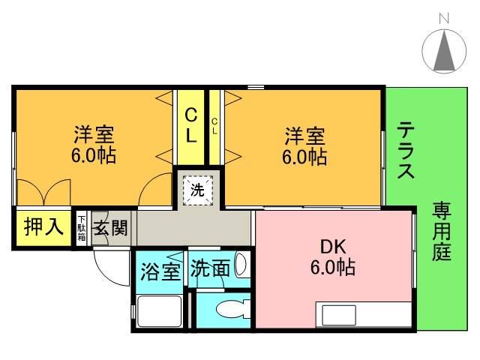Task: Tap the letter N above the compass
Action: pyautogui.click(x=444, y=16)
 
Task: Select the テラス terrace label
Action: pyautogui.click(x=406, y=150)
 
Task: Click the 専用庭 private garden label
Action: pyautogui.click(x=441, y=232)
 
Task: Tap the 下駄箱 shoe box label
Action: pyautogui.click(x=82, y=228)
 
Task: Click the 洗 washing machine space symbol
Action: pyautogui.click(x=196, y=190)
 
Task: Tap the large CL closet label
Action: pyautogui.click(x=191, y=125)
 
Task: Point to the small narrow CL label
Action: pyautogui.click(x=214, y=125)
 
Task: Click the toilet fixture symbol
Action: pyautogui.click(x=229, y=309)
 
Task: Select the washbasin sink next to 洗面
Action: pyautogui.click(x=241, y=264)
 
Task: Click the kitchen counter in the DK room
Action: pyautogui.click(x=363, y=313)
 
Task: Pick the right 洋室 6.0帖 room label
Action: pyautogui.click(x=304, y=146)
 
